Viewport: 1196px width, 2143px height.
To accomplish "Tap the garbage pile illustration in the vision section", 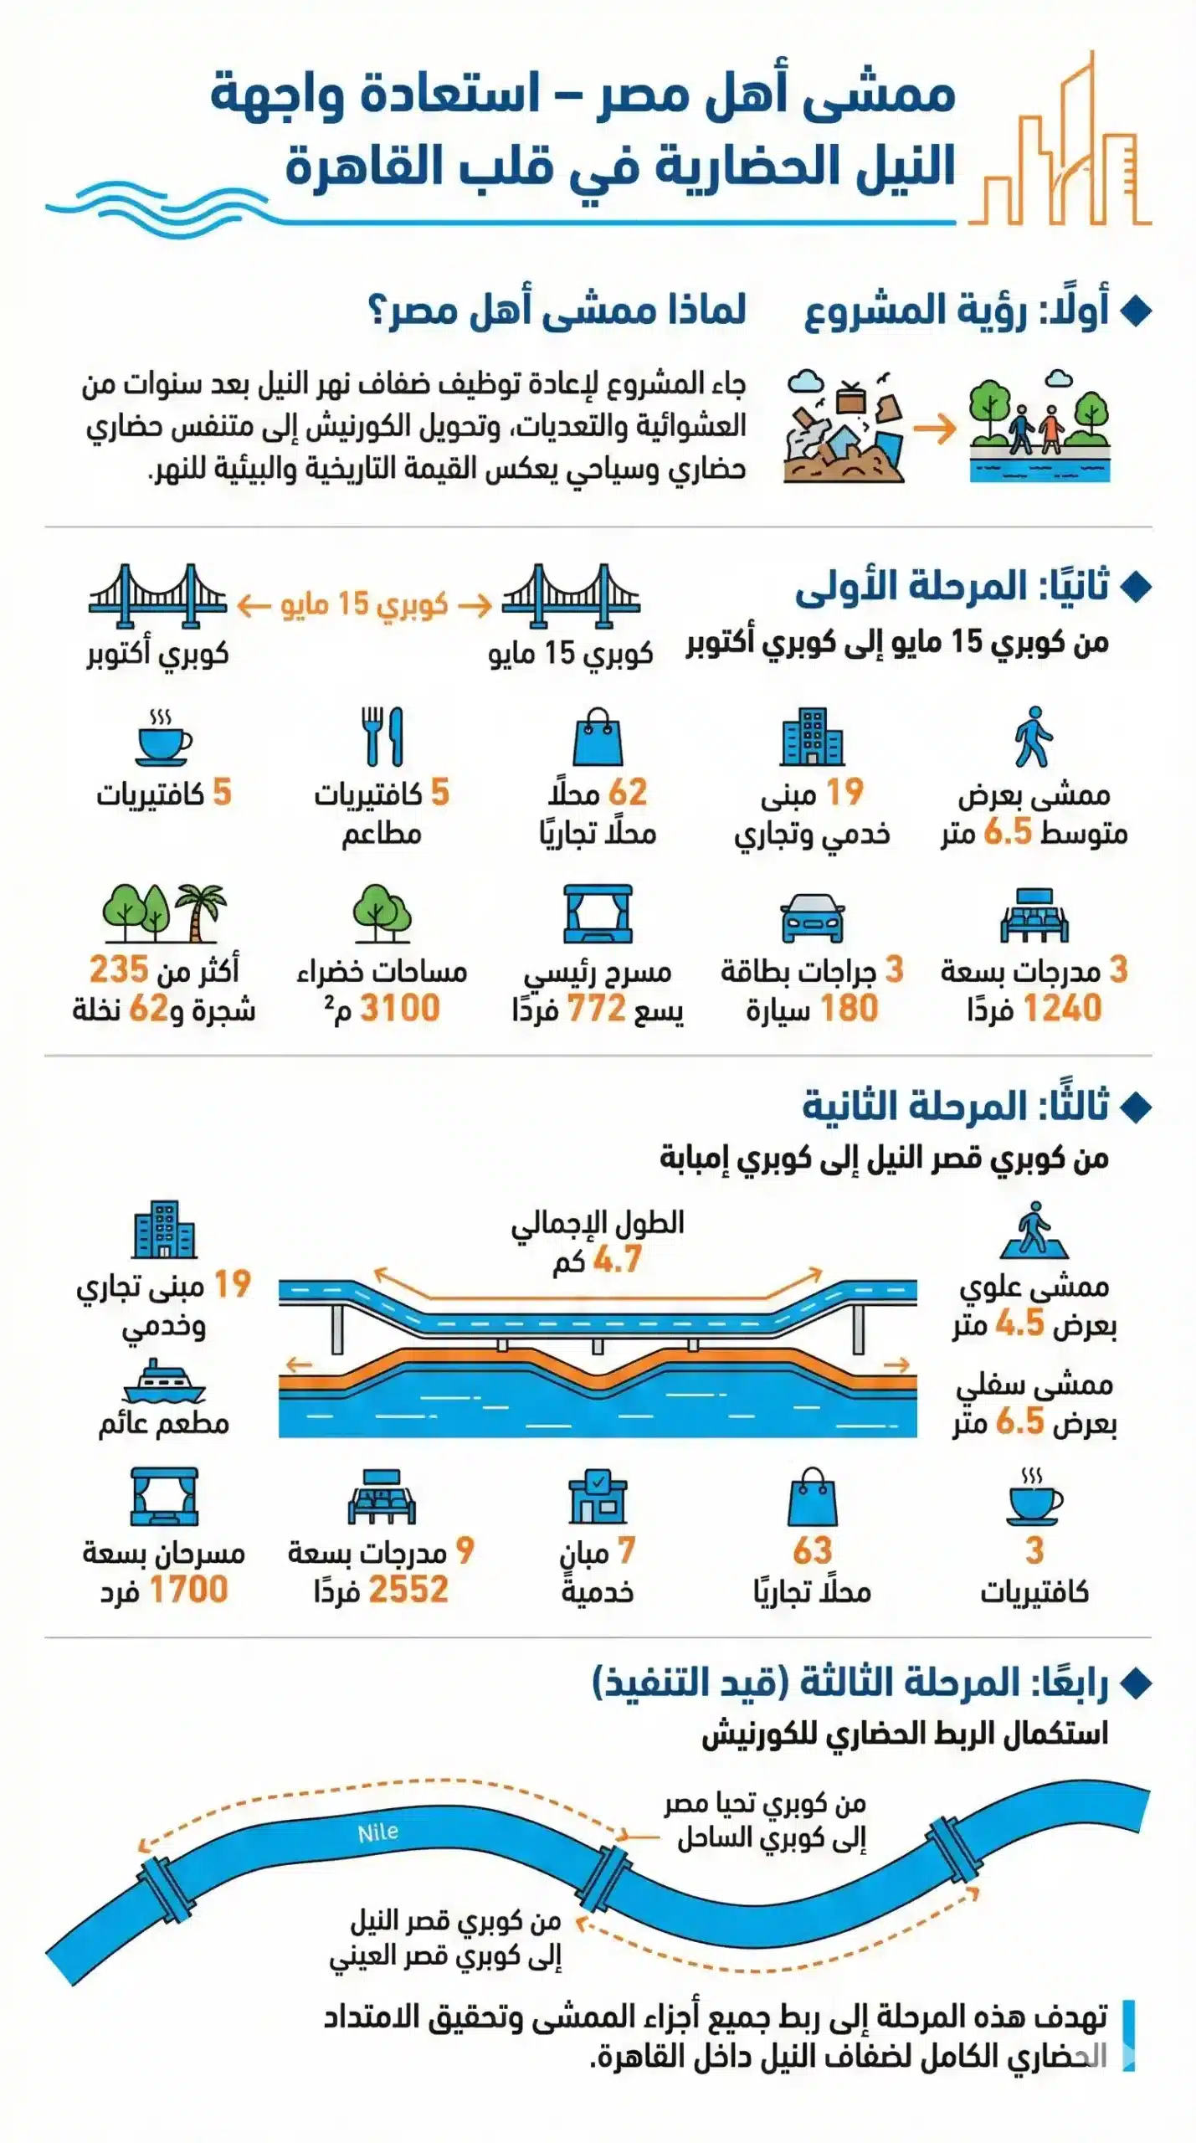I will (844, 431).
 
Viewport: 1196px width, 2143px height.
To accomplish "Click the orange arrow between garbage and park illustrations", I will (935, 429).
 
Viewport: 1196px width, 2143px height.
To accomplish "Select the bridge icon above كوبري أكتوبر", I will (157, 595).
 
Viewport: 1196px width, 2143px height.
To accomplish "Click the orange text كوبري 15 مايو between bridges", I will (364, 604).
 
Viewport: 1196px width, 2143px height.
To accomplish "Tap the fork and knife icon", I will (382, 737).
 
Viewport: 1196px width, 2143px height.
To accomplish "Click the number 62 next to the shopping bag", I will (627, 792).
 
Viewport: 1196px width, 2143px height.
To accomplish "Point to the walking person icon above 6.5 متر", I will (1033, 737).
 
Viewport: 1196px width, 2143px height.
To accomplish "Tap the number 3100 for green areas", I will (399, 1009).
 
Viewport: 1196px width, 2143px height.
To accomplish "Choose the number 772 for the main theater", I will (596, 1009).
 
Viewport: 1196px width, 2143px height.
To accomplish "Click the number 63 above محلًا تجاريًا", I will (812, 1550).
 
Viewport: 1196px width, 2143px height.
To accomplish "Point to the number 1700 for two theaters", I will (187, 1589).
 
